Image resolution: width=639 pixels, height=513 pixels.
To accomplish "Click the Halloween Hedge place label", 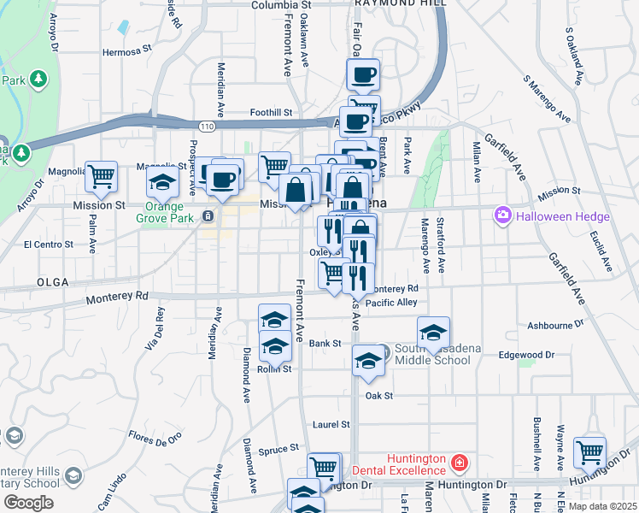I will click(x=564, y=216).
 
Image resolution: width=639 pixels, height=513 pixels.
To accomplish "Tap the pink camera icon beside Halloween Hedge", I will click(x=502, y=216).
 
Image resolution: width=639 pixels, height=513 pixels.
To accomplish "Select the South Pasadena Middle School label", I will click(x=432, y=354).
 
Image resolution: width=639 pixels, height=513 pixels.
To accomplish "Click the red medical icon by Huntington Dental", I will click(x=460, y=463).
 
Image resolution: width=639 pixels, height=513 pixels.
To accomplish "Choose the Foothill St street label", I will click(x=271, y=112).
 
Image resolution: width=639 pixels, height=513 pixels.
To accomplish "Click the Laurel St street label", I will click(x=331, y=424).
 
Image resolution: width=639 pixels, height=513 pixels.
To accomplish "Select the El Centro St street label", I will click(x=48, y=245).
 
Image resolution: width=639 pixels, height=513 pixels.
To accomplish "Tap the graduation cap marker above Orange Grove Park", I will click(x=161, y=182).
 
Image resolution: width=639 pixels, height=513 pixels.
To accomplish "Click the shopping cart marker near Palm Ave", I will click(x=101, y=176).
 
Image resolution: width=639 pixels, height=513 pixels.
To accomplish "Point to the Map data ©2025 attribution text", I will click(x=601, y=506).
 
